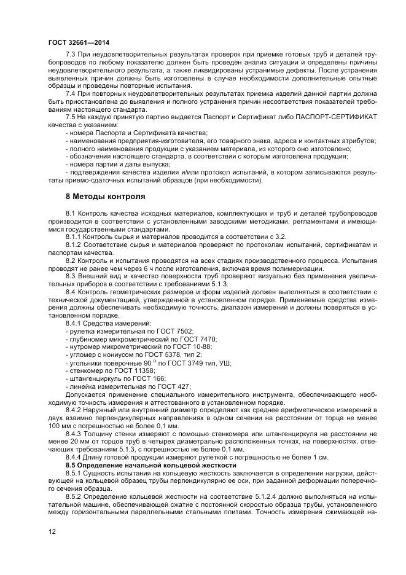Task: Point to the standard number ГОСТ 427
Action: [x=174, y=387]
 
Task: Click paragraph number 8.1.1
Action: [x=76, y=237]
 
